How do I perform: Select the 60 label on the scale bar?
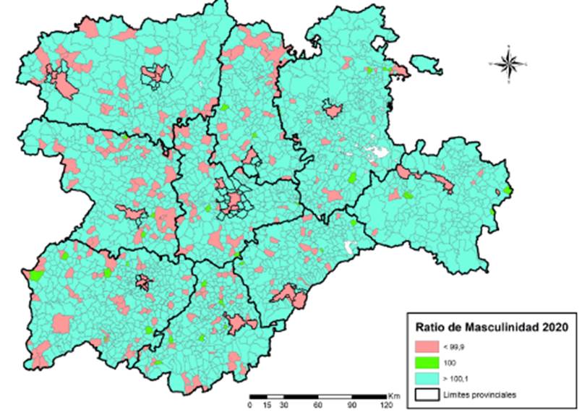click(x=317, y=406)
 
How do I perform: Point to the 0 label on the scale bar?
click(x=250, y=406)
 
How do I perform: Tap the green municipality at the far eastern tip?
click(x=508, y=190)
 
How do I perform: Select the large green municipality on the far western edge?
click(x=35, y=275)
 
